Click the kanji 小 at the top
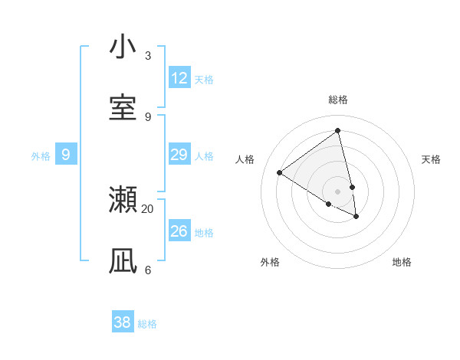123,47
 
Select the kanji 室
123,108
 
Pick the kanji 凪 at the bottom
123,261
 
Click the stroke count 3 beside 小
148,56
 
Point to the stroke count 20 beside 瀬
147,208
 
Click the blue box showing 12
179,78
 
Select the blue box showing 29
179,155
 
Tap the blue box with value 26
179,231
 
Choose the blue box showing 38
123,322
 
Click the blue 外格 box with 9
66,155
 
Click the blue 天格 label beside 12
204,80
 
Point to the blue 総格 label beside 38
147,324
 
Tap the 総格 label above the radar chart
338,100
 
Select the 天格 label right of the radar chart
432,159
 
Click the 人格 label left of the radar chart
245,159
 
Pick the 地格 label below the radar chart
402,262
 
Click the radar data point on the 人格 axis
279,173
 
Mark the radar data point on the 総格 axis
338,130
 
